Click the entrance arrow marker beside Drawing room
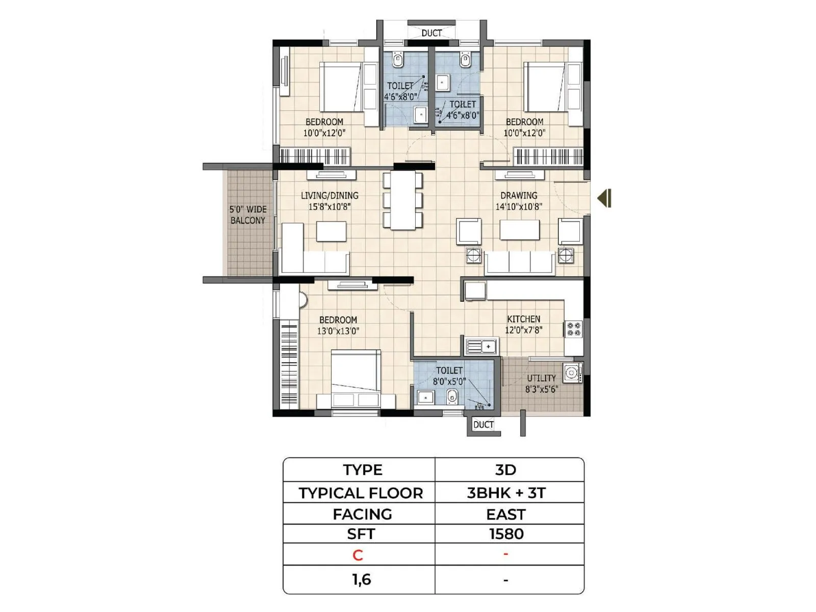pos(605,198)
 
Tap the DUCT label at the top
pos(431,33)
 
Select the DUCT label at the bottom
pos(483,425)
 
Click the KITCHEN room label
pos(523,319)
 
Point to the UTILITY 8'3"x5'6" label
pos(542,384)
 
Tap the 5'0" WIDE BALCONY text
pos(248,215)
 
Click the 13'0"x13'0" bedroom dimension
pos(338,331)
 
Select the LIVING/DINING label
pos(329,196)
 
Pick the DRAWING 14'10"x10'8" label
pos(519,201)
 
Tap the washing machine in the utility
pos(572,373)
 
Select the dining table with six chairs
pos(403,200)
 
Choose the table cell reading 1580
pos(506,534)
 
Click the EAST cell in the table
pos(506,515)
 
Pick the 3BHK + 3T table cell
pos(506,493)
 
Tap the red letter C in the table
pos(358,555)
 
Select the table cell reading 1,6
pos(361,580)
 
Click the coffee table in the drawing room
pos(520,230)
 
